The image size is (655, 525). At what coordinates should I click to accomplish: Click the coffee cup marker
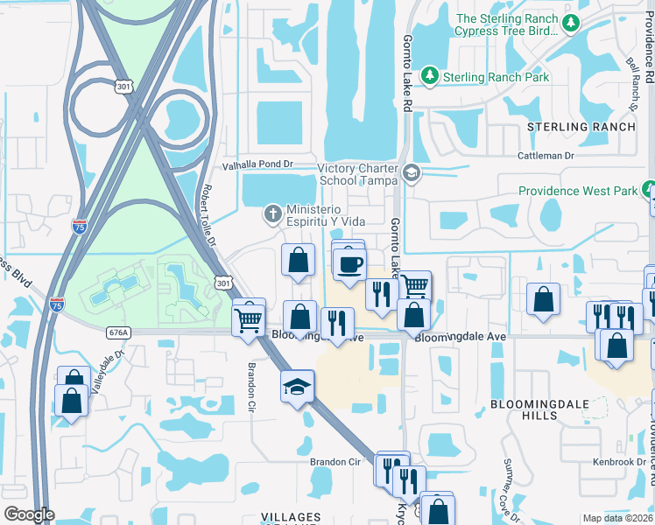pos(350,264)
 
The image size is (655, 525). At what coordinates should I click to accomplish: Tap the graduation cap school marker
pos(298,386)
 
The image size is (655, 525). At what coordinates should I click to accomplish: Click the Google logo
pos(29,514)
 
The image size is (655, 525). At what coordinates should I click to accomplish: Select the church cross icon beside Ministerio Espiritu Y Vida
pos(272,213)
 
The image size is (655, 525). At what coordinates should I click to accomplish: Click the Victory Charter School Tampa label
pos(356,174)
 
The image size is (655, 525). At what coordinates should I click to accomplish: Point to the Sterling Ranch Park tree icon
pos(429,77)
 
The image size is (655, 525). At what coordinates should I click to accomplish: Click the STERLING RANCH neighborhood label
pos(581,127)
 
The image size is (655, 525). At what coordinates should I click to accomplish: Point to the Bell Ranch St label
pos(631,85)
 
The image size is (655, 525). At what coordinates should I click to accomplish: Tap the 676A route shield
pos(119,332)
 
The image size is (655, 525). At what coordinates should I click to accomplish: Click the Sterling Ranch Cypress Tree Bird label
pos(506,24)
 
